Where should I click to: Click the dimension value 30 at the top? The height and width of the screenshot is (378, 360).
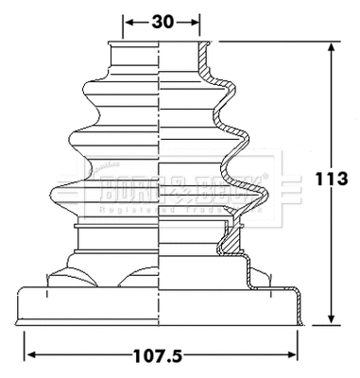[x=163, y=20]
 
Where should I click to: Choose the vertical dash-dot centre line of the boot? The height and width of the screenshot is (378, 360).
[x=163, y=189]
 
